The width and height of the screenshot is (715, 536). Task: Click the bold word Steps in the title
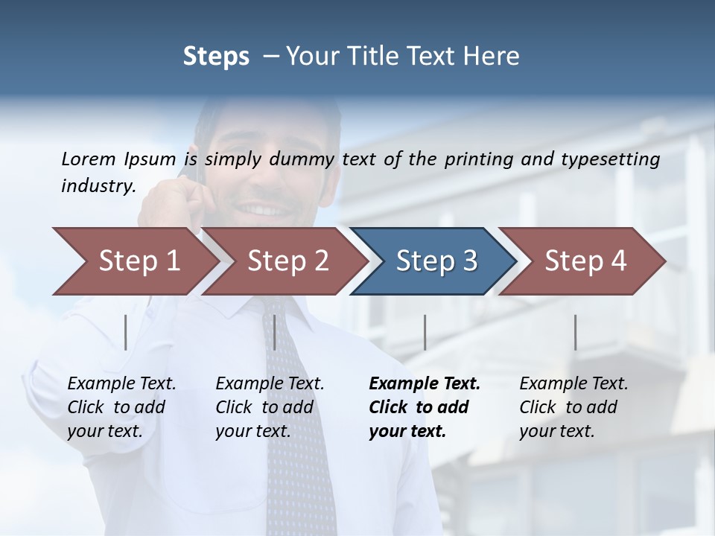pyautogui.click(x=216, y=57)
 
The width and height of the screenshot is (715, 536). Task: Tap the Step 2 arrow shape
pyautogui.click(x=287, y=261)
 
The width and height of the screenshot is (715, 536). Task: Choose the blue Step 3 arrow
pyautogui.click(x=436, y=261)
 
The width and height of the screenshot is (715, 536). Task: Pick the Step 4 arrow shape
pyautogui.click(x=585, y=261)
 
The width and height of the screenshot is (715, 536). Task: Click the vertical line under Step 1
pyautogui.click(x=126, y=332)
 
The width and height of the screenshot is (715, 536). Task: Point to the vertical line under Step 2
pyautogui.click(x=275, y=332)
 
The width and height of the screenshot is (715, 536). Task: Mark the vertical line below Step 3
pyautogui.click(x=425, y=332)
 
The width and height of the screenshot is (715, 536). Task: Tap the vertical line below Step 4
pyautogui.click(x=575, y=332)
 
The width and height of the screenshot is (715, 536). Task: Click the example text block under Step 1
pyautogui.click(x=121, y=407)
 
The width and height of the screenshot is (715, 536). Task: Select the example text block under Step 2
pyautogui.click(x=270, y=407)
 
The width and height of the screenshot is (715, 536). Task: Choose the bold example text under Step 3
pyautogui.click(x=425, y=407)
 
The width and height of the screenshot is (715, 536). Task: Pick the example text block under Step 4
pyautogui.click(x=573, y=407)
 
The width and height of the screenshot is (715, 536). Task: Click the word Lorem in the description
pyautogui.click(x=89, y=159)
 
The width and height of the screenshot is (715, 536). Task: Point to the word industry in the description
pyautogui.click(x=98, y=185)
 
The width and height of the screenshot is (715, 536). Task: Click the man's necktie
pyautogui.click(x=298, y=417)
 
